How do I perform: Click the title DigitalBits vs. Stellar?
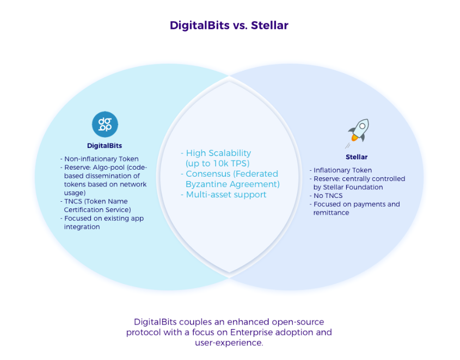(229, 26)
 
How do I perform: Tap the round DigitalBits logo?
(105, 125)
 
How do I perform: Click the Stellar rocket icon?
(358, 133)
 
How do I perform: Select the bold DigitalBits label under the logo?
(105, 146)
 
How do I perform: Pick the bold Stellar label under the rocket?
(357, 157)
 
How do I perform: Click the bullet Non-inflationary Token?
(100, 159)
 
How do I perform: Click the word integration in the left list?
(82, 227)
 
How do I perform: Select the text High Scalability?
(218, 153)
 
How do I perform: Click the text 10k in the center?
(218, 164)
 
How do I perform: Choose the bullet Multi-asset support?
(224, 195)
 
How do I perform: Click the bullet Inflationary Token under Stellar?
(341, 170)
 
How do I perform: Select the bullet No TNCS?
(326, 196)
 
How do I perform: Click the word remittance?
(331, 213)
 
